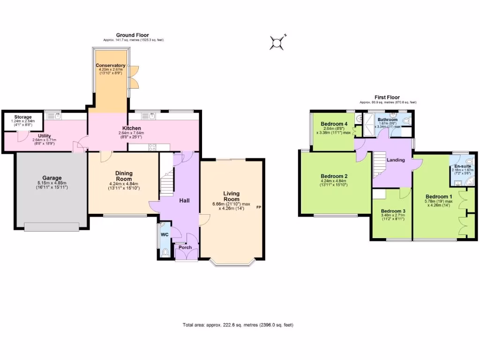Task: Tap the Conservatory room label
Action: tap(111, 65)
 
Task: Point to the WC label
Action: tap(165, 234)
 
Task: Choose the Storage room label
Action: tap(22, 117)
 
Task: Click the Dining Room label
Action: tap(124, 176)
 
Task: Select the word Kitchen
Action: tap(132, 128)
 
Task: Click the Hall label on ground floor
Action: tap(184, 201)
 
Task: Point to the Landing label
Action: tap(395, 160)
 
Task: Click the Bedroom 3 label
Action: tap(393, 211)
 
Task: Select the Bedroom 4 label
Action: tap(333, 124)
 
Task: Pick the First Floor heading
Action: tap(387, 97)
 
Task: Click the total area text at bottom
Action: tap(238, 325)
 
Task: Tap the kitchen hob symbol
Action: tap(152, 147)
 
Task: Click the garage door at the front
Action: tap(52, 227)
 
